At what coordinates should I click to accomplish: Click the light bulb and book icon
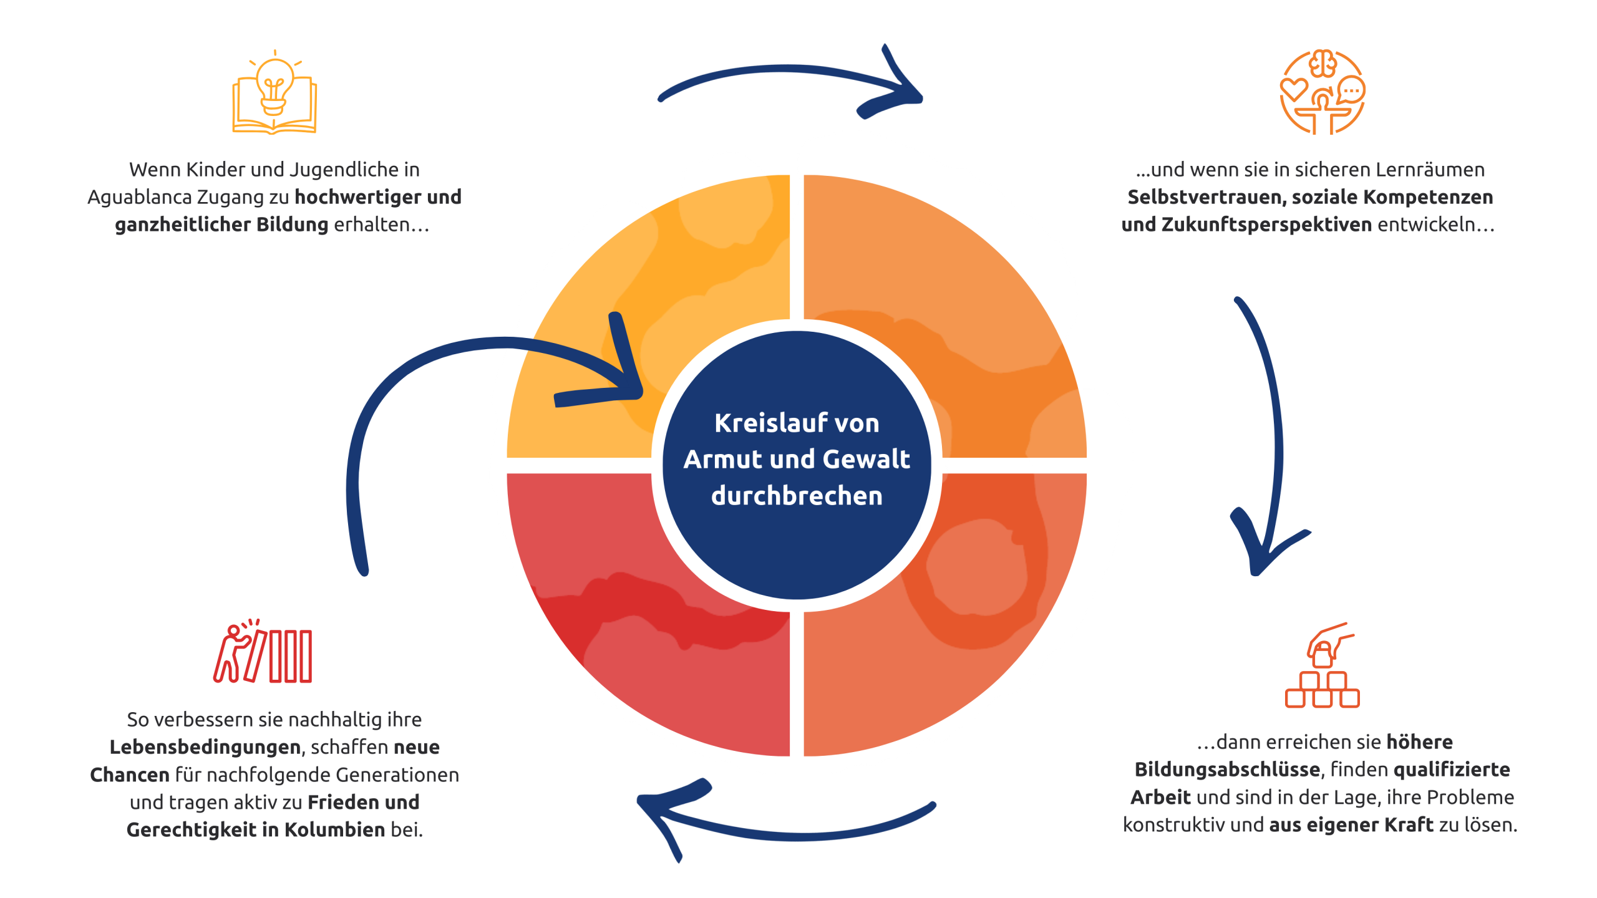pos(274,94)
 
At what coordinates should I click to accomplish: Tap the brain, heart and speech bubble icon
pos(1322,92)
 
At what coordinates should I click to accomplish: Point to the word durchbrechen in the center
pos(797,496)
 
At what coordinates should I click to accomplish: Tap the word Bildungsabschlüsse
pos(1226,770)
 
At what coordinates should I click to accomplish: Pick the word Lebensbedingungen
pos(205,747)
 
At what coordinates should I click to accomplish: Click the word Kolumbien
pos(335,829)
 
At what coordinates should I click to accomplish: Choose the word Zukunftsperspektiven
pos(1266,224)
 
